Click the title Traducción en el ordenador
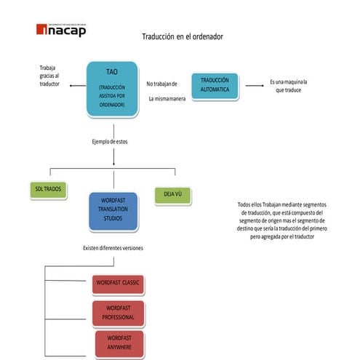tap(182, 36)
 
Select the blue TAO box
tap(111, 89)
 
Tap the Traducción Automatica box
tap(215, 86)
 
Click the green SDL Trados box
tap(49, 189)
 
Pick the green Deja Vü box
tap(172, 194)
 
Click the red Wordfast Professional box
tap(119, 314)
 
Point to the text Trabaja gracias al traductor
tap(51, 76)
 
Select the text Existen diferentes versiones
tap(113, 248)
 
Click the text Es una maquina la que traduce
tap(289, 86)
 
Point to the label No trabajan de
tap(161, 84)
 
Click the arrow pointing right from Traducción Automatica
tap(254, 86)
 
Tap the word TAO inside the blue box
tap(111, 72)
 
